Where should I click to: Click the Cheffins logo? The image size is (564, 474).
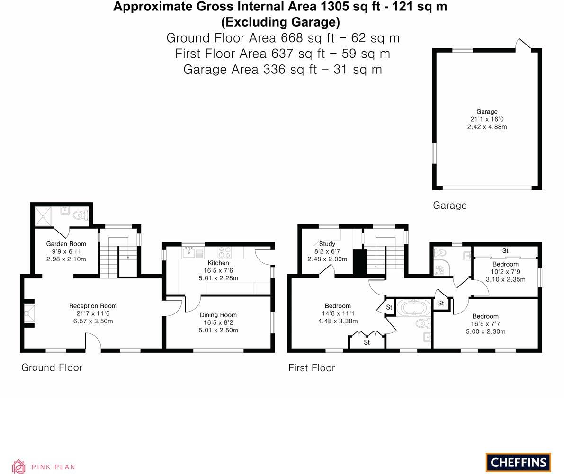point(518,462)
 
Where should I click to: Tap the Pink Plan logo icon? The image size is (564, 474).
point(18,466)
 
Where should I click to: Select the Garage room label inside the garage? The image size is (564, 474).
point(486,112)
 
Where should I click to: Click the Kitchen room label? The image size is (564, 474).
point(218,263)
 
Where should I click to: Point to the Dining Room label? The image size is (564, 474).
point(218,315)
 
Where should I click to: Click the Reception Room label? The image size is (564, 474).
point(93,306)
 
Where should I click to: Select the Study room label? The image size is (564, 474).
point(327,244)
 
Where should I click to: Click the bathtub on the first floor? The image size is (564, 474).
point(414,308)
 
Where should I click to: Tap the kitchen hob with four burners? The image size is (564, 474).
point(224,252)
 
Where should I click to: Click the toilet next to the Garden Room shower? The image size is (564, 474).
point(81,216)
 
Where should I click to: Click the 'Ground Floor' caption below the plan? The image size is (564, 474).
point(52,367)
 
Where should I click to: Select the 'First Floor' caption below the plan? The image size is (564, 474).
point(311,368)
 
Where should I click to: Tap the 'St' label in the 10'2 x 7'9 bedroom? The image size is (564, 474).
point(505,250)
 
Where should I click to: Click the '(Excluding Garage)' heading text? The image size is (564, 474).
point(280,22)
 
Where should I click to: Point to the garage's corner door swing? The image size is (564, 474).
point(523,44)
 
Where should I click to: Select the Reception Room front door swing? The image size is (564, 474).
point(93,342)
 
